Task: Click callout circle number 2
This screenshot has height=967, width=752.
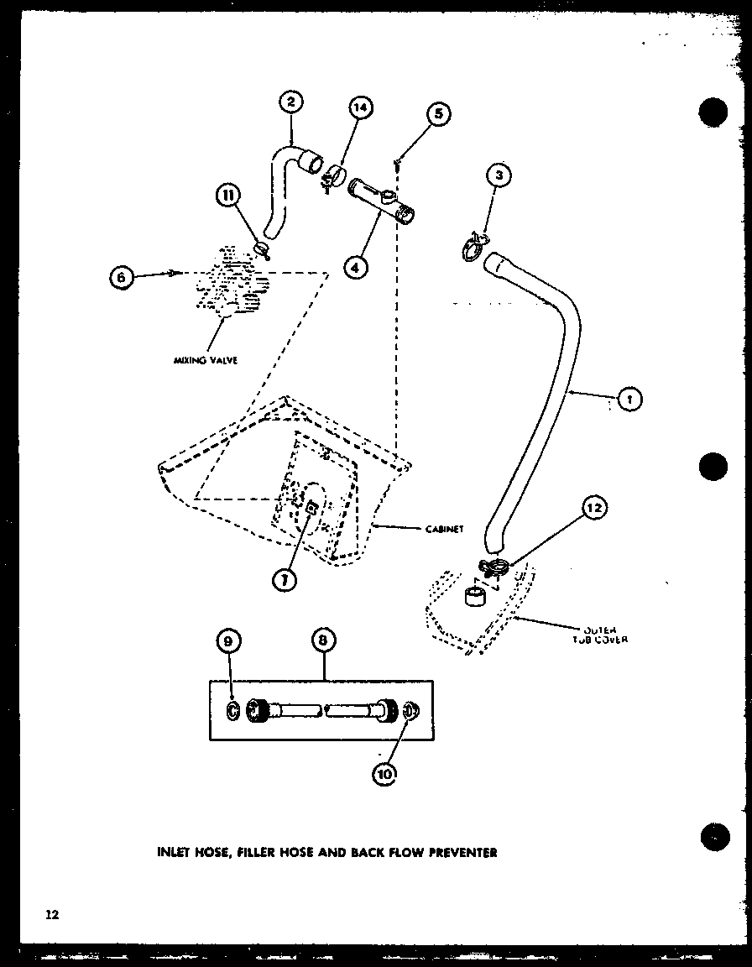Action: click(x=290, y=103)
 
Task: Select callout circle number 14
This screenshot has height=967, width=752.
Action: click(x=359, y=108)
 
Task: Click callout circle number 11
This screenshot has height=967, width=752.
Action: click(x=227, y=196)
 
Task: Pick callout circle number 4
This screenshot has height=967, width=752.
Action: click(x=357, y=266)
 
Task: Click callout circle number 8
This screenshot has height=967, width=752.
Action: click(x=324, y=640)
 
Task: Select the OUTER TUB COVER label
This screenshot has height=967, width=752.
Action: click(x=602, y=634)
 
